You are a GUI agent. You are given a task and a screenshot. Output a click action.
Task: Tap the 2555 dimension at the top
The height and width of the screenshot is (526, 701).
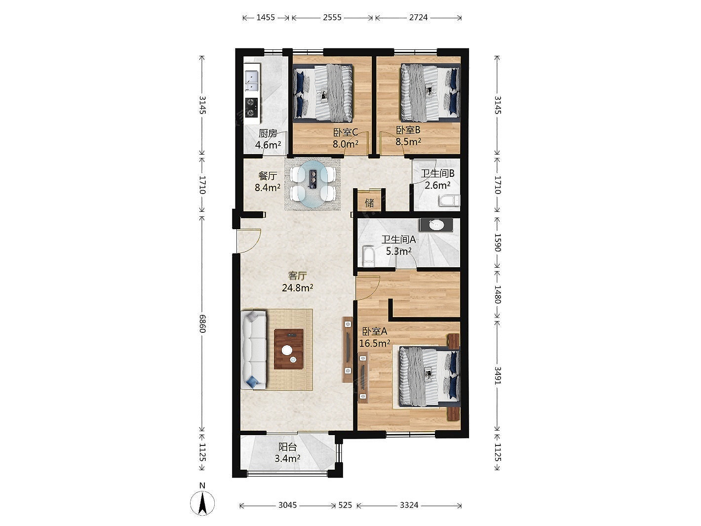coord(332,18)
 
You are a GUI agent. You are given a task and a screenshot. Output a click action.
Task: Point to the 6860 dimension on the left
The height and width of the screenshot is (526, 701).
coord(202,324)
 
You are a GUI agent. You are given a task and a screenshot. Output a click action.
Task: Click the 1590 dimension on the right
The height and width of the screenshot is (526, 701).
coord(498,243)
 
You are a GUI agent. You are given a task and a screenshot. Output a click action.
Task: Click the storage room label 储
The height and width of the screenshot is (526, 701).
coord(369,203)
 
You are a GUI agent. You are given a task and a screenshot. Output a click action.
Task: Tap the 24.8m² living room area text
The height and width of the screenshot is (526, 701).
coord(297,288)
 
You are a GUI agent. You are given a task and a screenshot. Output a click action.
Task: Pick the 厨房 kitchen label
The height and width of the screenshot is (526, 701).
coord(268,133)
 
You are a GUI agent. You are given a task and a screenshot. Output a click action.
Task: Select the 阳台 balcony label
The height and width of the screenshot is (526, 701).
coord(287,447)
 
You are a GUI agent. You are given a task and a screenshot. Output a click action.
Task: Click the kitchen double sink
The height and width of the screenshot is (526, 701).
coord(252,81)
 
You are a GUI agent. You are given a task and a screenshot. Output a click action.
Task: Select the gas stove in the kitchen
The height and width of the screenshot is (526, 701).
coord(252,107)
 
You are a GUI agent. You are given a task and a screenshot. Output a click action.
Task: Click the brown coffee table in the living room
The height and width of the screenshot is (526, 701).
coord(289,349)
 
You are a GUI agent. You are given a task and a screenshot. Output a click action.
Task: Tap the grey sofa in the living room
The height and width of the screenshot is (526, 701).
coord(254,350)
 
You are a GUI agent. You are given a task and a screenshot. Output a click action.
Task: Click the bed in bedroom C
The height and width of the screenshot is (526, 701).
coord(323,93)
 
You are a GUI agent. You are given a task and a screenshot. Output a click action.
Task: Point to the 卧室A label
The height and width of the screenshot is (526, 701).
coord(375,331)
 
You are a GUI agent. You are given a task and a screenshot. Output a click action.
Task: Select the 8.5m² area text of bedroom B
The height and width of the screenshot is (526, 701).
coord(408,141)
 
